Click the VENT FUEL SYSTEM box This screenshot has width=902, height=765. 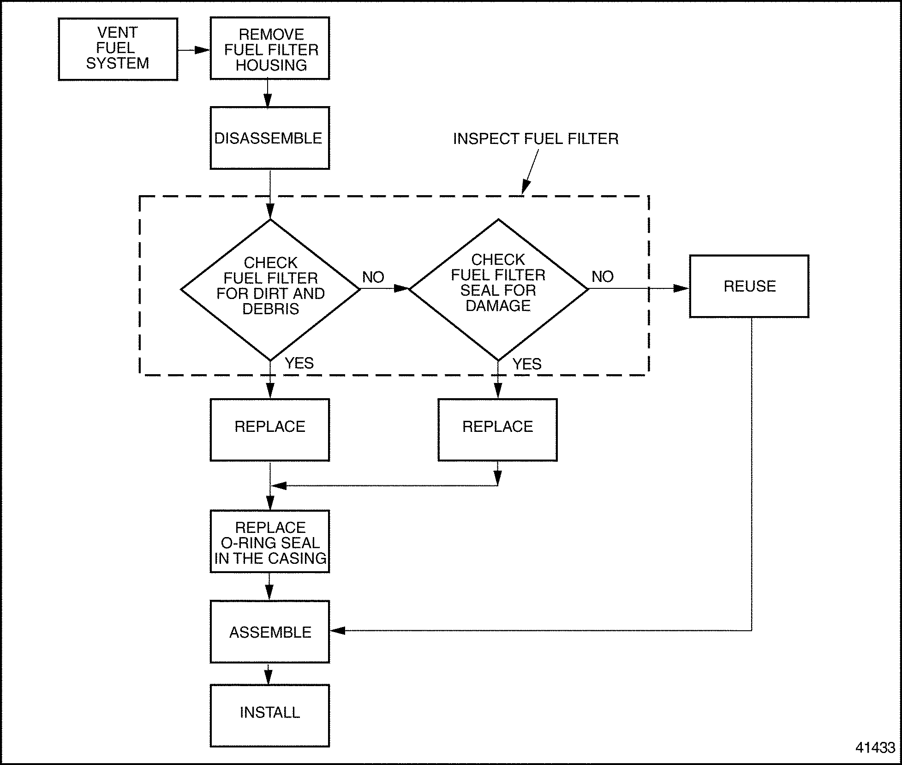click(118, 49)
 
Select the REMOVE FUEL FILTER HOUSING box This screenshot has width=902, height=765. click(270, 48)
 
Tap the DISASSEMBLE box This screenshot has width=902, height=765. click(270, 138)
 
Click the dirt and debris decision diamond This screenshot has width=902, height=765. click(270, 289)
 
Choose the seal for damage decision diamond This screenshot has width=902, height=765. click(498, 289)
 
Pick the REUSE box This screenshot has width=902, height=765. click(749, 286)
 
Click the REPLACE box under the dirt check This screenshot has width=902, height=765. click(270, 430)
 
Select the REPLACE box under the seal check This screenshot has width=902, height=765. click(497, 430)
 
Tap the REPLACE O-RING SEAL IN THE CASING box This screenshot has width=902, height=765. click(270, 542)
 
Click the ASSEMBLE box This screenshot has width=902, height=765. click(270, 632)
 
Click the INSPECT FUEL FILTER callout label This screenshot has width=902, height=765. click(536, 139)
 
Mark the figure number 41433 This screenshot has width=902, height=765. click(875, 747)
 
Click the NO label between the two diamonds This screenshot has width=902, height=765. click(373, 277)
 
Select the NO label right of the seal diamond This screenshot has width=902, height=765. click(603, 276)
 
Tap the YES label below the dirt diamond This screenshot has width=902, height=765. click(299, 363)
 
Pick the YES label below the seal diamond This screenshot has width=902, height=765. click(527, 364)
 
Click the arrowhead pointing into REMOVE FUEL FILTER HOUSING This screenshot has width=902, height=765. click(202, 50)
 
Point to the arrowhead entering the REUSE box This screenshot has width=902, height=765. click(681, 288)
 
